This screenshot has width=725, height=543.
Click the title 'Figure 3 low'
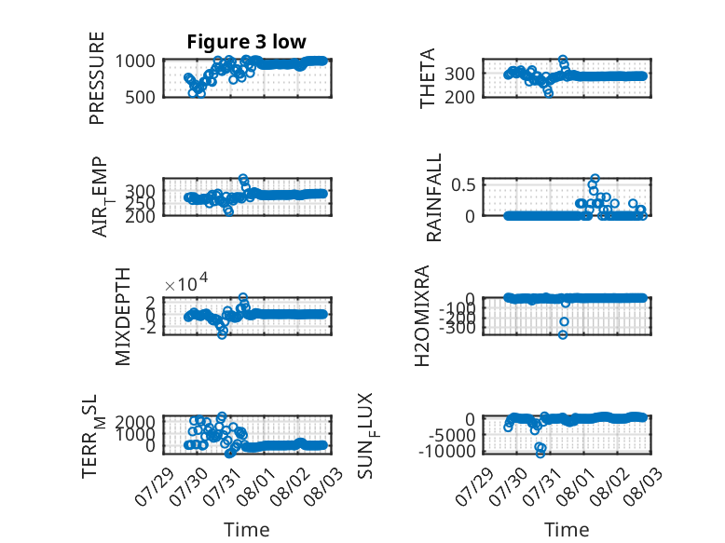click(x=246, y=42)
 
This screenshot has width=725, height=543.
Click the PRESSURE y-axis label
click(x=97, y=78)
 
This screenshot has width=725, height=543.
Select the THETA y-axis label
click(x=428, y=78)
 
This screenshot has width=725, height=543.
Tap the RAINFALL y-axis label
click(x=433, y=197)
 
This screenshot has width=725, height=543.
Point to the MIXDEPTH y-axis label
click(x=123, y=317)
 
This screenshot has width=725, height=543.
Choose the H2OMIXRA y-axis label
click(x=422, y=316)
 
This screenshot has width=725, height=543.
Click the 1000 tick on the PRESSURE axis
click(x=135, y=61)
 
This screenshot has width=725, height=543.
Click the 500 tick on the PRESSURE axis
click(x=141, y=97)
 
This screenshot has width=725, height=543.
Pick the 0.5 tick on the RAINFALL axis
click(x=463, y=184)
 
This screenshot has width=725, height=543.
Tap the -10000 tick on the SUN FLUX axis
click(x=446, y=451)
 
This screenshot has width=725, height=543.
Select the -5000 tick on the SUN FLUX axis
click(x=452, y=435)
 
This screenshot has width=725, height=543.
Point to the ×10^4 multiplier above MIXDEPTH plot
click(x=186, y=283)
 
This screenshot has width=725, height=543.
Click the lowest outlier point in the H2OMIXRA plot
click(x=563, y=334)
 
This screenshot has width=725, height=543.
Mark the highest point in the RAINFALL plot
click(x=595, y=179)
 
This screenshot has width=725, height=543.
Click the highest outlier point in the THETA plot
click(x=563, y=60)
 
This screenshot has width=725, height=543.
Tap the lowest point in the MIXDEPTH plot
click(x=223, y=334)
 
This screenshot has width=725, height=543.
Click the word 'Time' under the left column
click(x=246, y=530)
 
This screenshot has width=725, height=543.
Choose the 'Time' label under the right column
click(x=567, y=530)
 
